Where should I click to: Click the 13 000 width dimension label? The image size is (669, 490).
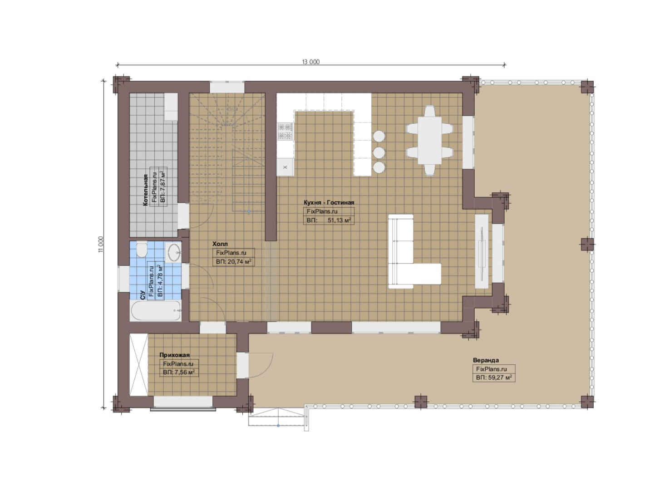[310, 62]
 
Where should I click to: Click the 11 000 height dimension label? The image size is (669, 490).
[101, 245]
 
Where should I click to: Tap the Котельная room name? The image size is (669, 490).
[145, 190]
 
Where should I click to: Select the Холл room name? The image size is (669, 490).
[220, 244]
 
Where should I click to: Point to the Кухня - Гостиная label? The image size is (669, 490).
[329, 202]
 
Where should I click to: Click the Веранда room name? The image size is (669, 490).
[486, 360]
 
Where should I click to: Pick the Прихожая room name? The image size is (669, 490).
[174, 355]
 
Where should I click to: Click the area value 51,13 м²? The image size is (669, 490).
[339, 220]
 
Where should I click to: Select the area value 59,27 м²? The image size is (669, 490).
[500, 377]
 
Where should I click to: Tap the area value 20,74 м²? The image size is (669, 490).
[239, 262]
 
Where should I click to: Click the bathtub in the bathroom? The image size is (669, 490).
[156, 310]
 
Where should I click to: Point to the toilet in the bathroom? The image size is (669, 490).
[142, 250]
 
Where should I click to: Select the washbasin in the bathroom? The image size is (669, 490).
[173, 252]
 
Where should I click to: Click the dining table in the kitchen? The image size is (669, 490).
[429, 140]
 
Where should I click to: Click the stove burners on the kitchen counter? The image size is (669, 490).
[285, 132]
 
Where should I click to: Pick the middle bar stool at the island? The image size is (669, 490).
[379, 152]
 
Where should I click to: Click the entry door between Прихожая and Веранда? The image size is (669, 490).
[261, 365]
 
